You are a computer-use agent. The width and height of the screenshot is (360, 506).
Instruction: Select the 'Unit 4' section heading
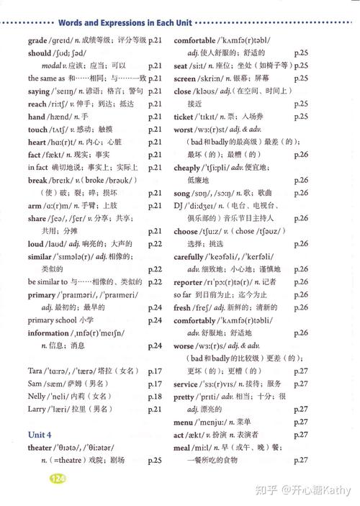(x=40, y=435)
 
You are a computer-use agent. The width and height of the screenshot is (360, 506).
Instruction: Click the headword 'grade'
(x=37, y=40)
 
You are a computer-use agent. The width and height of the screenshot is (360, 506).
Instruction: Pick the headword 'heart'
(x=37, y=142)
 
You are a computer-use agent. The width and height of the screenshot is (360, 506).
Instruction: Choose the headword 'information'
(x=48, y=333)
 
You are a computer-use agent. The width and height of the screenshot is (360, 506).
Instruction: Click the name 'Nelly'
(x=37, y=397)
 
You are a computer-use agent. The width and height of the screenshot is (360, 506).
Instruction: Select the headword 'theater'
(x=40, y=448)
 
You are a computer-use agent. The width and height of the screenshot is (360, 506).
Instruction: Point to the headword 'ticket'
(x=184, y=117)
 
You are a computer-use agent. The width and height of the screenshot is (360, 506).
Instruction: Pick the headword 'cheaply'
(x=187, y=167)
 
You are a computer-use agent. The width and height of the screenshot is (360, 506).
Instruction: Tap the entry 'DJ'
(x=179, y=205)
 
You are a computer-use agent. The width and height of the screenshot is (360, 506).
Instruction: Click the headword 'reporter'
(x=188, y=281)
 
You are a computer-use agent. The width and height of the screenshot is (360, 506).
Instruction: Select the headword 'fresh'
(x=182, y=307)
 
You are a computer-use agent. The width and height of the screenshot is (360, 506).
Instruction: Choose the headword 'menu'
(x=184, y=422)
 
